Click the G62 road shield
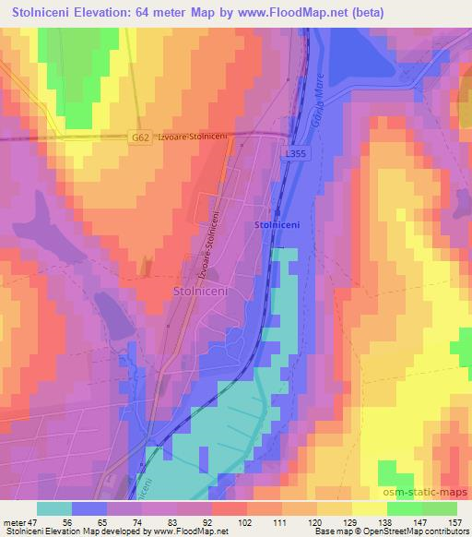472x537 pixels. pos(140,137)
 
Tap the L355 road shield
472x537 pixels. pos(296,155)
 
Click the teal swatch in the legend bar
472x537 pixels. pos(54,508)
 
